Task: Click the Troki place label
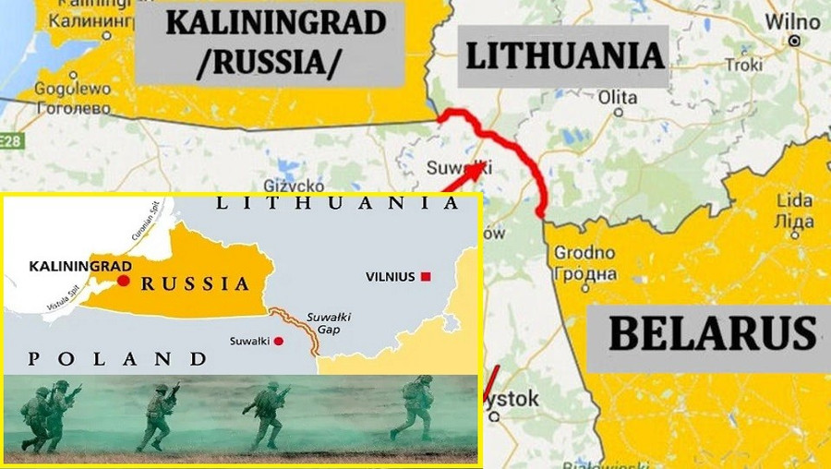[x=744, y=65]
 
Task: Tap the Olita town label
[x=618, y=97]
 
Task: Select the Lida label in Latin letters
[x=795, y=200]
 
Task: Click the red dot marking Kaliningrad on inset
[x=124, y=281]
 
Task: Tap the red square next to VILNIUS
[x=426, y=276]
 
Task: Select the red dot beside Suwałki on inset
[x=279, y=341]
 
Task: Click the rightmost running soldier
[x=412, y=406]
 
